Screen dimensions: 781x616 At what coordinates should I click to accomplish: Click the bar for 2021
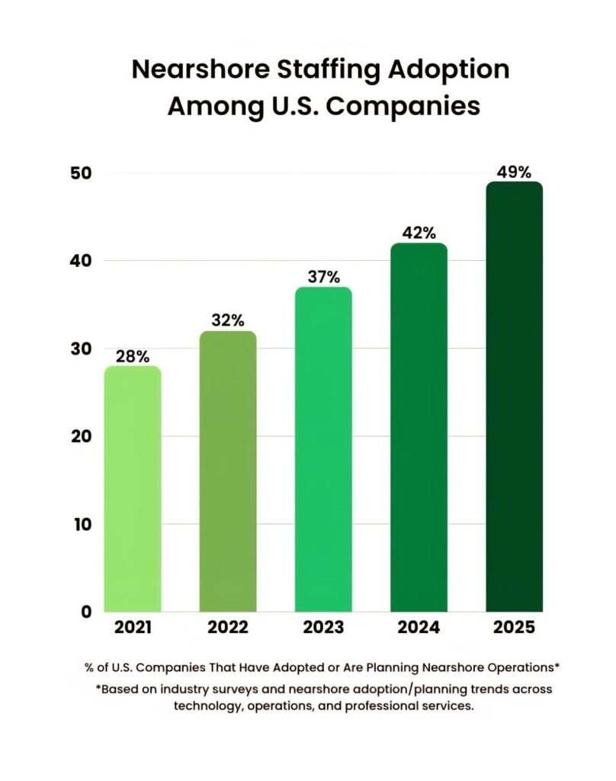(133, 488)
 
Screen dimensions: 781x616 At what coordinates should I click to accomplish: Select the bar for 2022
(228, 471)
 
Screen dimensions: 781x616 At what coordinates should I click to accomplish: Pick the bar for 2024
(419, 427)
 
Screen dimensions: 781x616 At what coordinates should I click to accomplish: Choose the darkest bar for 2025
(514, 397)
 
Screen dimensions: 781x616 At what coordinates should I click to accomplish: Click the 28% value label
(133, 356)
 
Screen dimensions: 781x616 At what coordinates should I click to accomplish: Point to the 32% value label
(228, 321)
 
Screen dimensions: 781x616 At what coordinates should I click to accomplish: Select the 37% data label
(323, 277)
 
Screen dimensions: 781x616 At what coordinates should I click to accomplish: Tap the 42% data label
(419, 233)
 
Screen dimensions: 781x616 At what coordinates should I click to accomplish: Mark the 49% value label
(514, 172)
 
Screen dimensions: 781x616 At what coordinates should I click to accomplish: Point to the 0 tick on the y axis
(86, 612)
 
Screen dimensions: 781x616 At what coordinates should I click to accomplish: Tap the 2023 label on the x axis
(323, 628)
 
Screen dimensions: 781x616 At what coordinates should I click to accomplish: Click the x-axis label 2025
(514, 628)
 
